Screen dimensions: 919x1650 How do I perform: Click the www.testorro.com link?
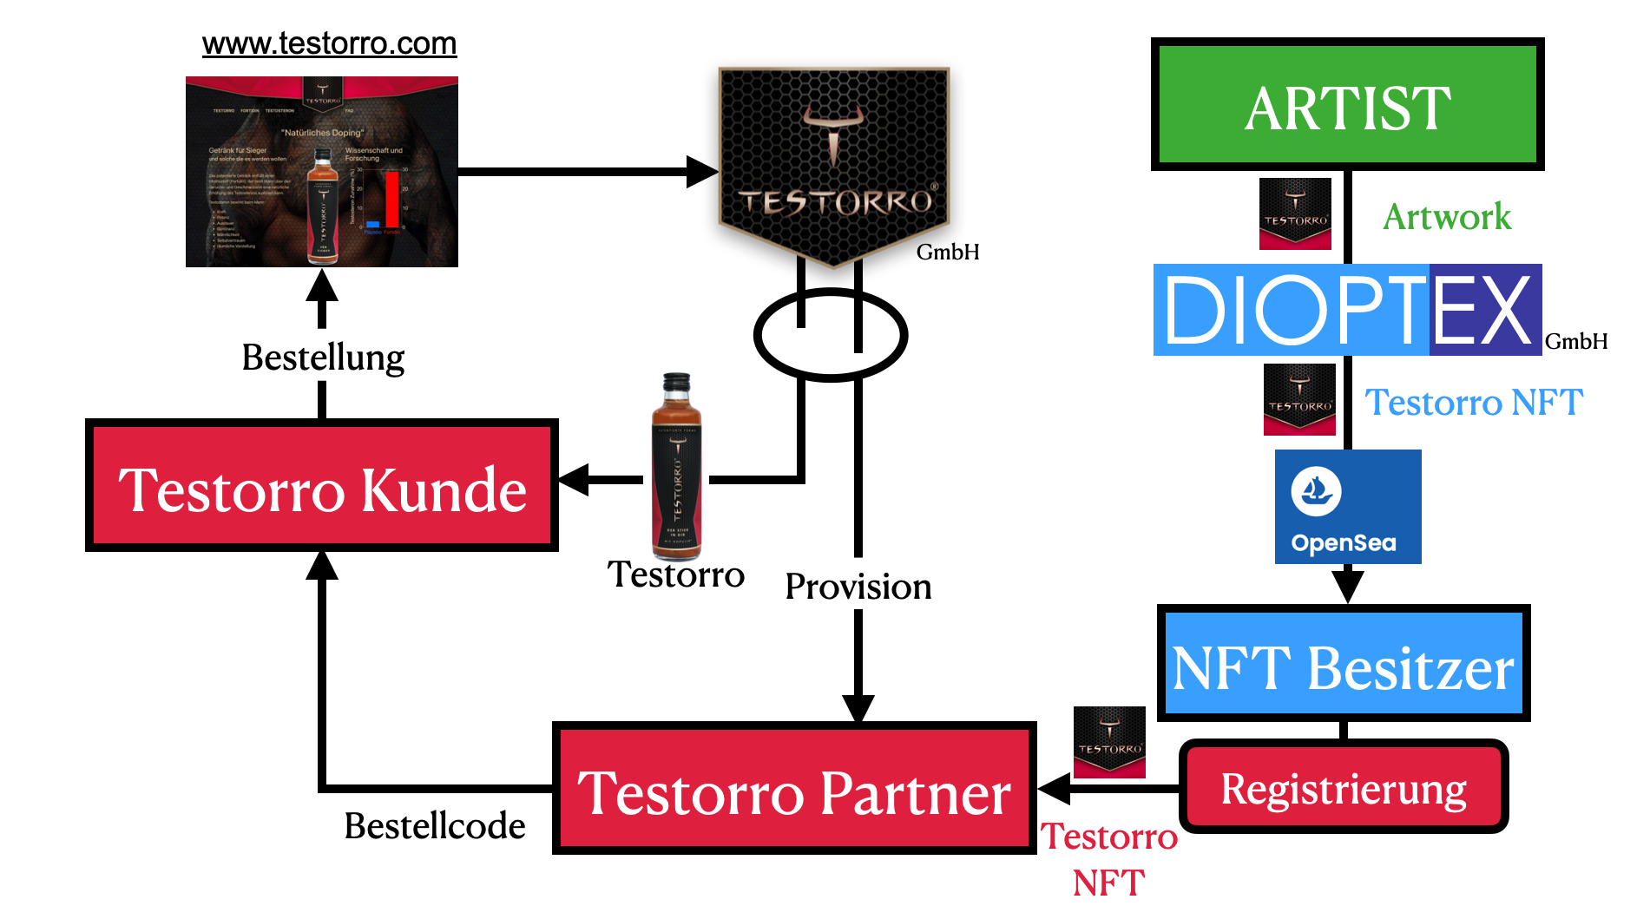click(329, 43)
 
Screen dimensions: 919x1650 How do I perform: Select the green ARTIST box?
click(1346, 105)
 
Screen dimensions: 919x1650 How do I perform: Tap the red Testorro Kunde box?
click(321, 487)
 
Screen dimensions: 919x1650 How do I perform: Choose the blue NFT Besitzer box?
click(1343, 665)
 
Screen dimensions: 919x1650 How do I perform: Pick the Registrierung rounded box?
click(1343, 787)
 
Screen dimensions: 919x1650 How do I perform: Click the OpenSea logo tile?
click(1347, 507)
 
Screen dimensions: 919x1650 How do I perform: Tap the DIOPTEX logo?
click(1346, 310)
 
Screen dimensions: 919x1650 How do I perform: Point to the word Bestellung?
click(323, 358)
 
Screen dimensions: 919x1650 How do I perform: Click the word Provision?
click(858, 587)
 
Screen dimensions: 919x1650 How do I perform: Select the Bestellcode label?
click(434, 825)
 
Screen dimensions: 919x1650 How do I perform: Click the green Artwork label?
click(1446, 217)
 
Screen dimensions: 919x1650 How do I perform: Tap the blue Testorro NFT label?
click(1473, 403)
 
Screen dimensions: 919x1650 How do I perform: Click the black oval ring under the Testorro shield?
click(831, 335)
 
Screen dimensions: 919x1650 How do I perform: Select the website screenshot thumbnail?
click(321, 172)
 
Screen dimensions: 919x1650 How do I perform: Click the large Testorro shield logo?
click(833, 165)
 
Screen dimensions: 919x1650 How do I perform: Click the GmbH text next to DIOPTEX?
click(1575, 341)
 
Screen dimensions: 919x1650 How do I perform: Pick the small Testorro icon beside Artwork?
click(1295, 213)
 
